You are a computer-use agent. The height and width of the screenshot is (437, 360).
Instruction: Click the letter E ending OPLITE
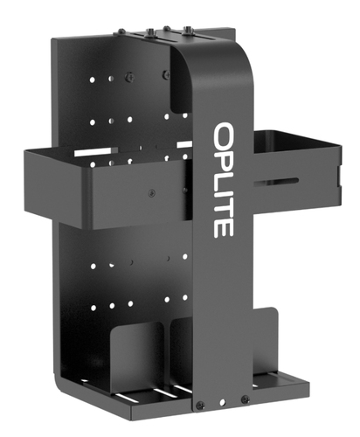tap(224, 228)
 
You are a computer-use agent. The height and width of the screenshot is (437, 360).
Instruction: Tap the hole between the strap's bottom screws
tap(223, 403)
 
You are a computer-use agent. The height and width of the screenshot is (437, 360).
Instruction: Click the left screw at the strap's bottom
tap(200, 405)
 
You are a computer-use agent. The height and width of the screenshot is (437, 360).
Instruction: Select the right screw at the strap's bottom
tap(246, 399)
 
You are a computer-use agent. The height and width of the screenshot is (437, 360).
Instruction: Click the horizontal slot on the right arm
tap(276, 182)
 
